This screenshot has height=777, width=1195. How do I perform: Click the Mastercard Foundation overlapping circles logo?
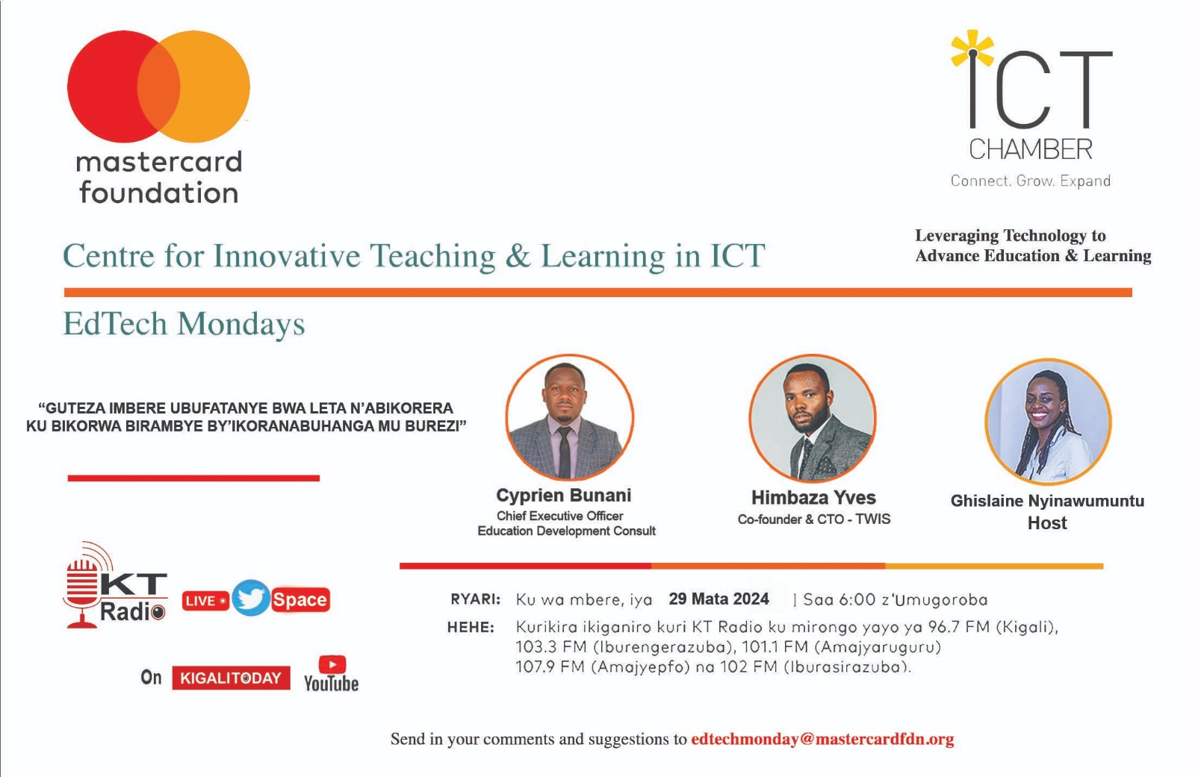[x=158, y=87]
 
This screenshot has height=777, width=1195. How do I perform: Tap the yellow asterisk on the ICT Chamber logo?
[x=972, y=49]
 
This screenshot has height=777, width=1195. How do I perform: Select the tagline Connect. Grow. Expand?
[x=1030, y=181]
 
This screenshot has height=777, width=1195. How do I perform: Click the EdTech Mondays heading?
[x=184, y=324]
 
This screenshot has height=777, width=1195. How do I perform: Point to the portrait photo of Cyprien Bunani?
[x=569, y=417]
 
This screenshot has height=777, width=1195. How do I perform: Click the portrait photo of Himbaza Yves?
[x=812, y=418]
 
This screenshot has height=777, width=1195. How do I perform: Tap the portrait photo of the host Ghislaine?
[x=1048, y=421]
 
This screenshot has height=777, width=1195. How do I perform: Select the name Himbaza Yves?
[x=813, y=498]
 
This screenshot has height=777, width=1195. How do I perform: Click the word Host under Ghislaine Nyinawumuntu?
[x=1047, y=522]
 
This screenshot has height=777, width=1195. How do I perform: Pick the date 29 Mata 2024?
[x=718, y=599]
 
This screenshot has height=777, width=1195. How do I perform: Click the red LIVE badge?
[x=205, y=601]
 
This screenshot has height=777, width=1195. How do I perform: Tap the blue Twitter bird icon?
[x=251, y=598]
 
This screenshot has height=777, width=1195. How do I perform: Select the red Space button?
[x=299, y=600]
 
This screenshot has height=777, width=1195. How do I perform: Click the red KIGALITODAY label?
[x=231, y=678]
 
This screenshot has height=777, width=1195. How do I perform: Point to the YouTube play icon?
[x=332, y=665]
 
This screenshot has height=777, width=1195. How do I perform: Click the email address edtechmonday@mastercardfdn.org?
[x=822, y=739]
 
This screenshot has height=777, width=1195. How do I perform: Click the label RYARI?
[x=475, y=599]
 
